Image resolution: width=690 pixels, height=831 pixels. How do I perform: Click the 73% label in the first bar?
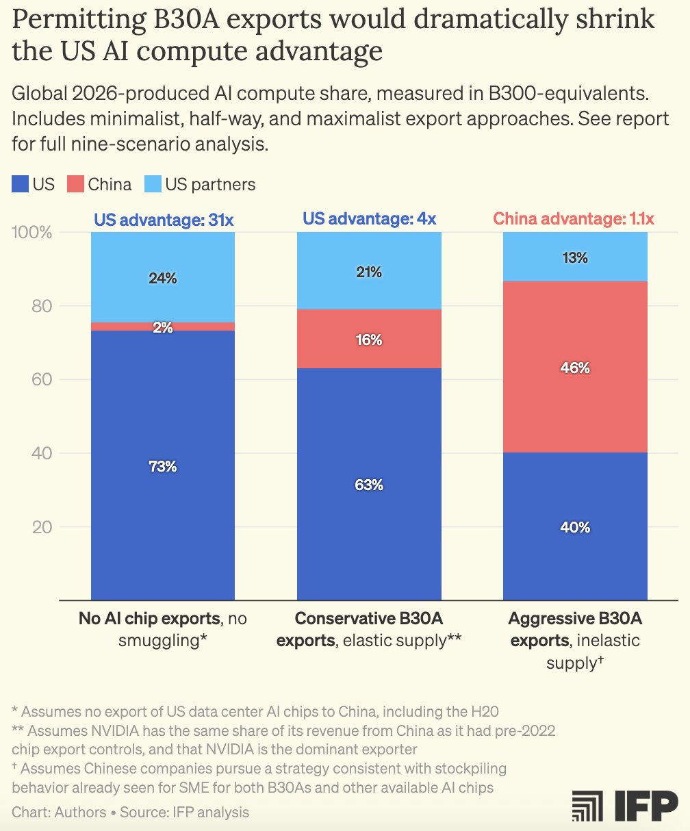coord(163,467)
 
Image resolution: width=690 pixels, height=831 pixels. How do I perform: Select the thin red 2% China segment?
coord(163,327)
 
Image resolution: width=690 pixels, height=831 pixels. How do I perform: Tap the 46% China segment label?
coord(575,368)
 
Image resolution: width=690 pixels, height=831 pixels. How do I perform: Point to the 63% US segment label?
coord(369,485)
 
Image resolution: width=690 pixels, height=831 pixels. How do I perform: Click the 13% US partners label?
coord(575,258)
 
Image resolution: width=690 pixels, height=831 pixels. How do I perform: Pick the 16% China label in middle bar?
coord(369,340)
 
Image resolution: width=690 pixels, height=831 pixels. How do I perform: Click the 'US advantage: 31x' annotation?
coord(163,220)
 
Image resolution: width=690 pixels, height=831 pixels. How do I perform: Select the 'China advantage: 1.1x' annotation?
coord(574,220)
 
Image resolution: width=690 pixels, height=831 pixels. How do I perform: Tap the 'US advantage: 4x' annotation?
coord(369,220)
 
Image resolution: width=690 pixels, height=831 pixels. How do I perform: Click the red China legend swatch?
coord(75,183)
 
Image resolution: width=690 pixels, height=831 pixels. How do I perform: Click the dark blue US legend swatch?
coord(21,183)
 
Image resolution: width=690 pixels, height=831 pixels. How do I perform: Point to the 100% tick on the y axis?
coord(33,233)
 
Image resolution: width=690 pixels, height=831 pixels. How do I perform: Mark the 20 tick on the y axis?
coord(42,528)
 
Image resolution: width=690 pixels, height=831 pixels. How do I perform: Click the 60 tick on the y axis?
coord(42,380)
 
